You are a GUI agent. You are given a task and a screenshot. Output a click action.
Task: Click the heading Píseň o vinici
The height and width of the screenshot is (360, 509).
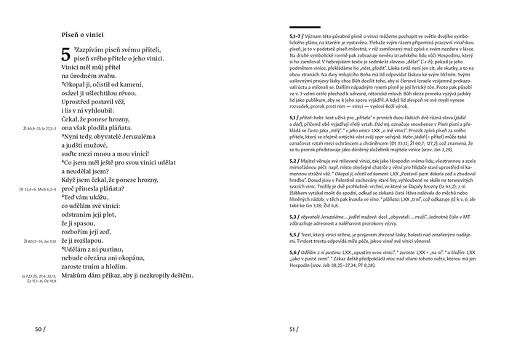(x=83, y=34)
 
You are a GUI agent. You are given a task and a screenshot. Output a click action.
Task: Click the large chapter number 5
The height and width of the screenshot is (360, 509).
(x=66, y=55)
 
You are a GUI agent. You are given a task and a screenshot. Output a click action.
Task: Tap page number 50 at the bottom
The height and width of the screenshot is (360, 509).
(x=39, y=329)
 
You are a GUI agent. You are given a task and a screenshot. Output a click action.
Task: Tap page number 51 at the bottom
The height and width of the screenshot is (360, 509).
(x=294, y=329)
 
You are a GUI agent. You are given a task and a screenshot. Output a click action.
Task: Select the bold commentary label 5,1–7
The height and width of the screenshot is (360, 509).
(x=297, y=36)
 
